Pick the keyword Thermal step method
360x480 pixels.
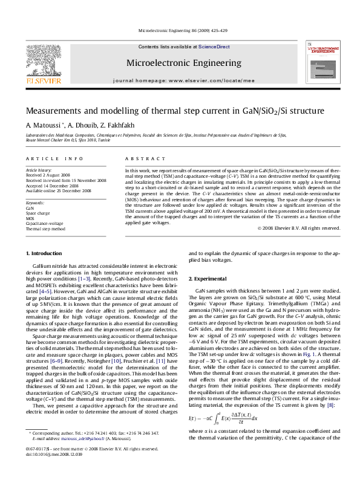[x=45, y=230]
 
